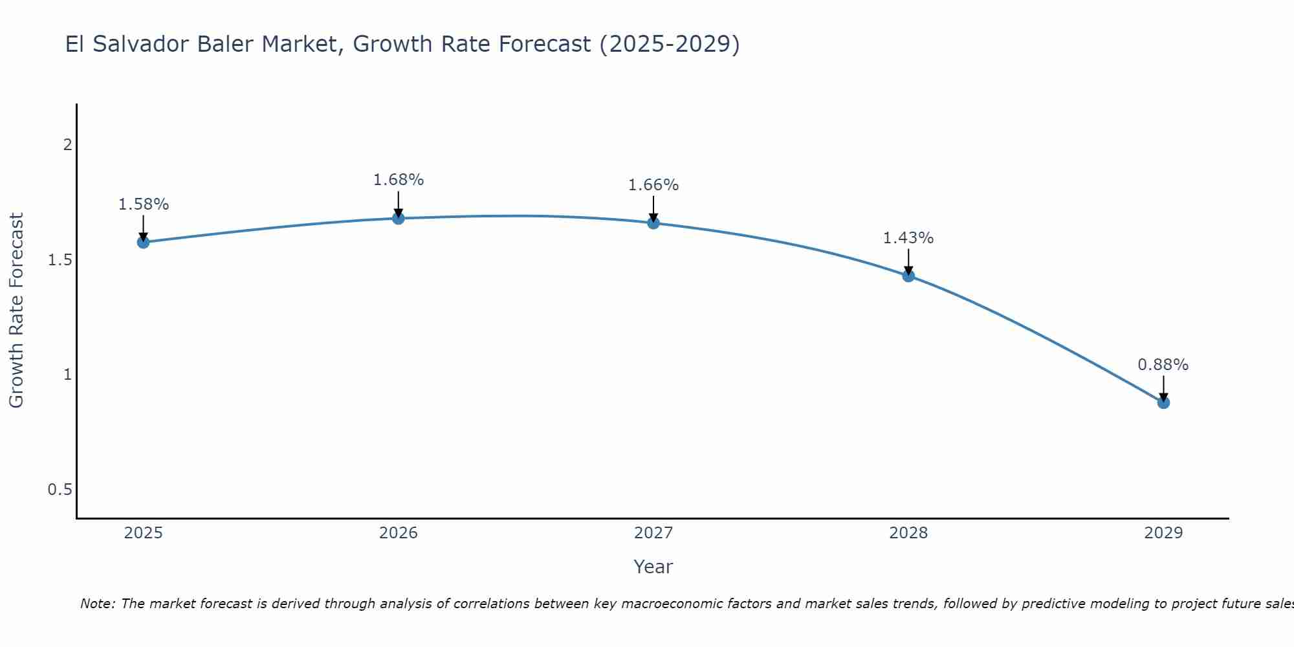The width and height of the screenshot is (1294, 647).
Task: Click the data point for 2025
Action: [x=143, y=243]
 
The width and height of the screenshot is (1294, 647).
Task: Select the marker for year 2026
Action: [x=399, y=219]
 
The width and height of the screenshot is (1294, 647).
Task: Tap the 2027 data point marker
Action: [x=653, y=223]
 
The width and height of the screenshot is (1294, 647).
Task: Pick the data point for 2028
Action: [x=908, y=276]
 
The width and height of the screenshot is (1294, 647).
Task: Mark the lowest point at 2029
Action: [x=1163, y=402]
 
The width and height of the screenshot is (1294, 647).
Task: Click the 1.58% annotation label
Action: [x=143, y=204]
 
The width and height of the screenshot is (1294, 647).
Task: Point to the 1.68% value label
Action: [x=399, y=180]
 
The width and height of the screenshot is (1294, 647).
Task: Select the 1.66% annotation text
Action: [x=653, y=185]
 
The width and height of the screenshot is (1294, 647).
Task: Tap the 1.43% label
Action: [x=908, y=238]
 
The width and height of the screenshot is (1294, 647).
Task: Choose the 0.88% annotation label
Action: [x=1163, y=365]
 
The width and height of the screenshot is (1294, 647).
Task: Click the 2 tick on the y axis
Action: [x=67, y=144]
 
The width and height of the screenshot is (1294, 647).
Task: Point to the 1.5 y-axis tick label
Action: [x=60, y=259]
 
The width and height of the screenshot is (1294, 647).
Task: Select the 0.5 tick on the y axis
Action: [x=60, y=490]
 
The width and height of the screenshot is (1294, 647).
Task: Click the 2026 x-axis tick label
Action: [x=399, y=533]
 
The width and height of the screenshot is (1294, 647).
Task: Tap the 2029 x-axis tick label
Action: [x=1163, y=533]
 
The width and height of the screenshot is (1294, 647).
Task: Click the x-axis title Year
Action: [x=653, y=567]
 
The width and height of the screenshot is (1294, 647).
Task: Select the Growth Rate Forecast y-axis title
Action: [x=16, y=311]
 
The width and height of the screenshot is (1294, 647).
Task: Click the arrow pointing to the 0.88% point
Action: [x=1163, y=387]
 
